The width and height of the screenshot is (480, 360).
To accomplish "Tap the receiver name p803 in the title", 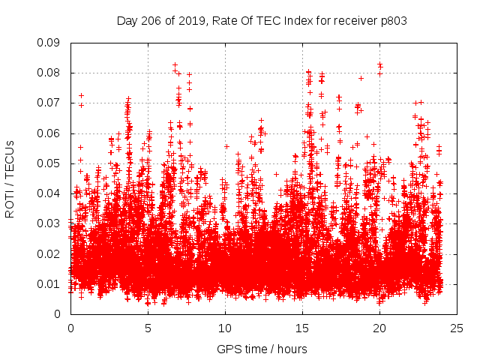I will click(x=392, y=21).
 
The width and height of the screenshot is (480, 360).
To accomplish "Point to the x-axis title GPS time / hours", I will click(x=262, y=349).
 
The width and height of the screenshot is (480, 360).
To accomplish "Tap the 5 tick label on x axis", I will click(x=148, y=328).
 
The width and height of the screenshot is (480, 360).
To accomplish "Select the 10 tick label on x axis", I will click(x=225, y=328).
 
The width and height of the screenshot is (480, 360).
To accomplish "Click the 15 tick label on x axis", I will click(x=302, y=328).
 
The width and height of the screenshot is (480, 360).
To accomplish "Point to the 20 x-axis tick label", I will click(x=379, y=328).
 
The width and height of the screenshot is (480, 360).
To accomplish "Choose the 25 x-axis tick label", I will click(x=457, y=328).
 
